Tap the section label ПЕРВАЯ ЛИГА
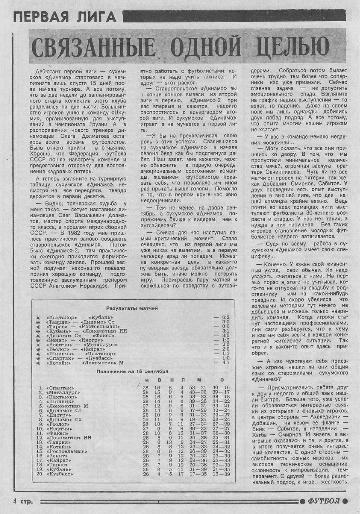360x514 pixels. [65, 17]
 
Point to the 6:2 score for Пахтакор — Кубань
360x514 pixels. [225, 317]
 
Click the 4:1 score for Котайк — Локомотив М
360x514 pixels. [225, 363]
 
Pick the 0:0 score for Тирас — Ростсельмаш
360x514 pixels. [225, 326]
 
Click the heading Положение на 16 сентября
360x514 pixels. [132, 371]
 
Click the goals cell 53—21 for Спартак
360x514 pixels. [198, 388]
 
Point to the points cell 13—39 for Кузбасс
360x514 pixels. [221, 474]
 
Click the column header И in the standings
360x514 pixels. [147, 380]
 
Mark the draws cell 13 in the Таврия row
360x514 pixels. [170, 442]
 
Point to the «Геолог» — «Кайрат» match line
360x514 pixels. [71, 349]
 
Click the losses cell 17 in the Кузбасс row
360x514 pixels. [182, 474]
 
